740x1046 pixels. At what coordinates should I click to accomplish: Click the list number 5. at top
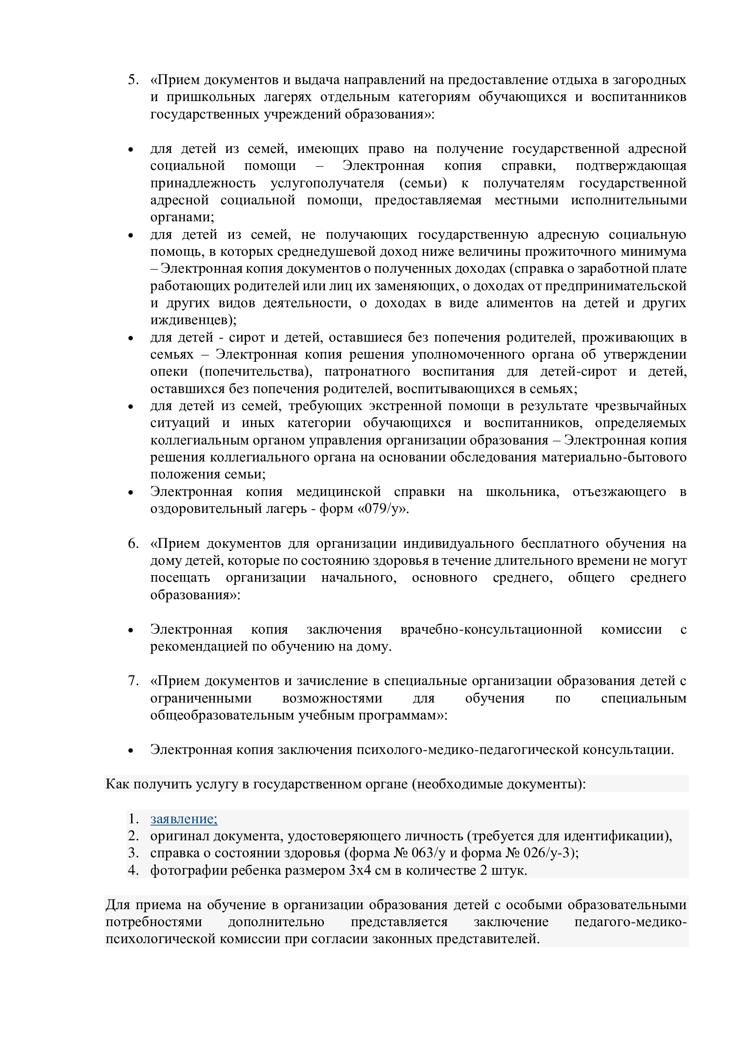(133, 80)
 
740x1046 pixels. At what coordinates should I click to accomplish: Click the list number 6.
(133, 543)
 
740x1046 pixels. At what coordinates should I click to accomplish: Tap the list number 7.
(133, 681)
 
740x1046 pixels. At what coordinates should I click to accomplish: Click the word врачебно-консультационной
(491, 630)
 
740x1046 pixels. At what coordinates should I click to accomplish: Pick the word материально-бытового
(613, 457)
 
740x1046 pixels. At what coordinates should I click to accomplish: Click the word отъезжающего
(619, 492)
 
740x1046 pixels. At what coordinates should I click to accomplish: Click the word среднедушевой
(338, 252)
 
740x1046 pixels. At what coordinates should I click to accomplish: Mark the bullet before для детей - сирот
(131, 339)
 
